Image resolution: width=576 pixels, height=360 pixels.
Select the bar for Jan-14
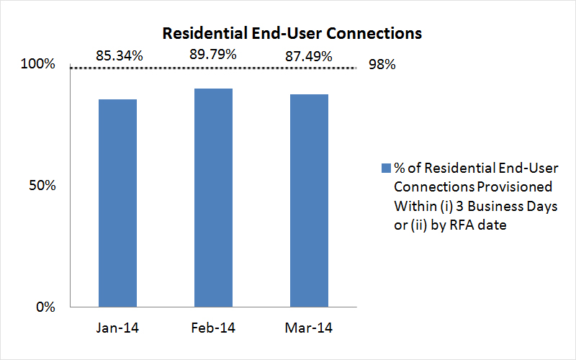point(117,203)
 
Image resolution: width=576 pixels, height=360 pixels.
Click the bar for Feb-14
point(213,198)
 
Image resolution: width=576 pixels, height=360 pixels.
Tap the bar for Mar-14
point(309,201)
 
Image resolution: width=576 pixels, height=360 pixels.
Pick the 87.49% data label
point(308,55)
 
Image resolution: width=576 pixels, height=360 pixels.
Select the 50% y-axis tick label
point(42,186)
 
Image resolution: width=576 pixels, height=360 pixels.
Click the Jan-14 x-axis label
point(117,328)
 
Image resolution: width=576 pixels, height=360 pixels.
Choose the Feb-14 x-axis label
point(213,328)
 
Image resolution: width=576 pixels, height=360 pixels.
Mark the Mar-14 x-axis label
point(309,328)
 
